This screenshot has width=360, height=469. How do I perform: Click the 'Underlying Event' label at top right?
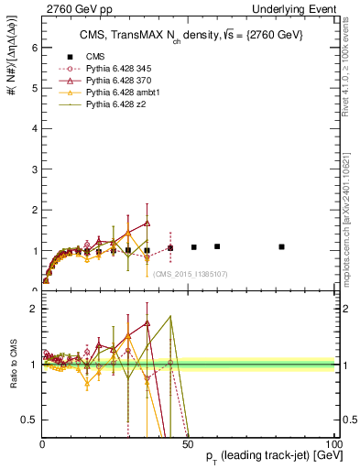[x=299, y=8]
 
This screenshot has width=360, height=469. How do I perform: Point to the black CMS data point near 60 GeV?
[x=217, y=246]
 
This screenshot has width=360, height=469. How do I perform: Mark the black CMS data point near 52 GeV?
[x=194, y=247]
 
